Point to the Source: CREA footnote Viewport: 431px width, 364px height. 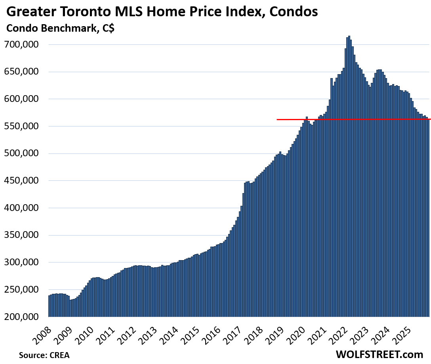coord(41,355)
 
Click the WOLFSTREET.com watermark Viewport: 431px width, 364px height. coord(379,354)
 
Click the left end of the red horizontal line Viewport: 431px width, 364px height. coord(277,119)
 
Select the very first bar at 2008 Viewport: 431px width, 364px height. coord(50,306)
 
